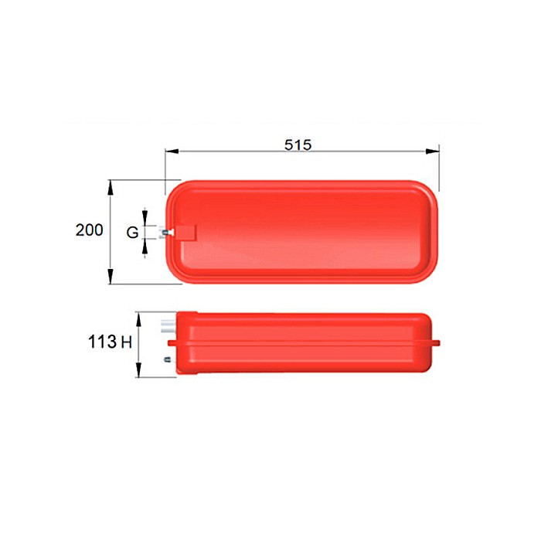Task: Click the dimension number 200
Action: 90,230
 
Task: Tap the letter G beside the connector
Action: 133,232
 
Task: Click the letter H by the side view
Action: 127,341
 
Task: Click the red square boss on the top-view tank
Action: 185,232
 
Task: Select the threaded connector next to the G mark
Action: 165,231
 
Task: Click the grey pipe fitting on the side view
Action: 168,325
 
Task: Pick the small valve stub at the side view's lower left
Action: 167,359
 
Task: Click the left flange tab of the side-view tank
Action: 173,342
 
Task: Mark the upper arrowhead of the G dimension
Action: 147,218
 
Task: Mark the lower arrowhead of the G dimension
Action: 147,245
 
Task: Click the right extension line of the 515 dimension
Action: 438,166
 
